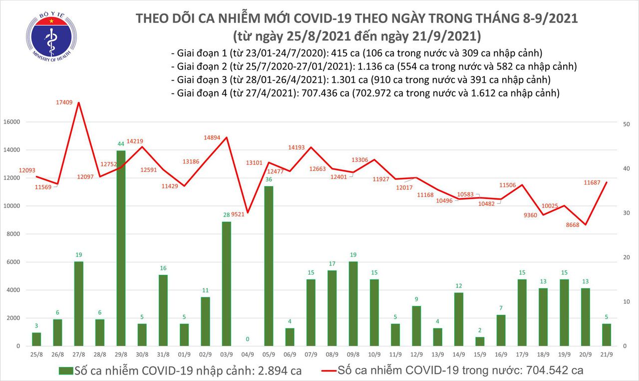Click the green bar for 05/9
point(269,265)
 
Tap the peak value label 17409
point(65,102)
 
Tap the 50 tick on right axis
point(628,123)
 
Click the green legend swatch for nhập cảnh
point(65,371)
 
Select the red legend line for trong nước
point(326,371)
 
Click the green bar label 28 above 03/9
point(226,214)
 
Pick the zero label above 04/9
point(247,339)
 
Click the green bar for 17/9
point(522,312)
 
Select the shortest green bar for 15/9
point(480,341)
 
